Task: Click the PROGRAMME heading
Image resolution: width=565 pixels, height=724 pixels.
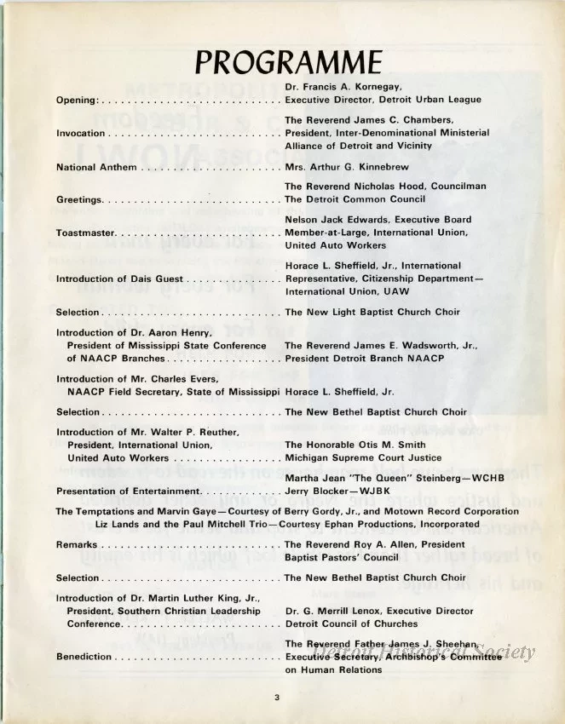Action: click(287, 62)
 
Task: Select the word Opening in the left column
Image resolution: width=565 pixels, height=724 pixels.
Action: click(78, 100)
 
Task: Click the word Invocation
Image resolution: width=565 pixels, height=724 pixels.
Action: click(80, 133)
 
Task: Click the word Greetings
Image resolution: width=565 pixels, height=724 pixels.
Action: click(78, 200)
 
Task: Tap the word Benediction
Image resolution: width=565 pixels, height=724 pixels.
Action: click(84, 657)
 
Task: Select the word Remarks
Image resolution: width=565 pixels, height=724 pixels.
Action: click(76, 544)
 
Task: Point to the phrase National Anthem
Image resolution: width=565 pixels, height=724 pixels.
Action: click(95, 167)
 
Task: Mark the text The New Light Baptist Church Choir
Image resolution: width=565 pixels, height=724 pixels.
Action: click(372, 312)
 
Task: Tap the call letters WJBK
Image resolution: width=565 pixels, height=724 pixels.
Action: click(369, 491)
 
